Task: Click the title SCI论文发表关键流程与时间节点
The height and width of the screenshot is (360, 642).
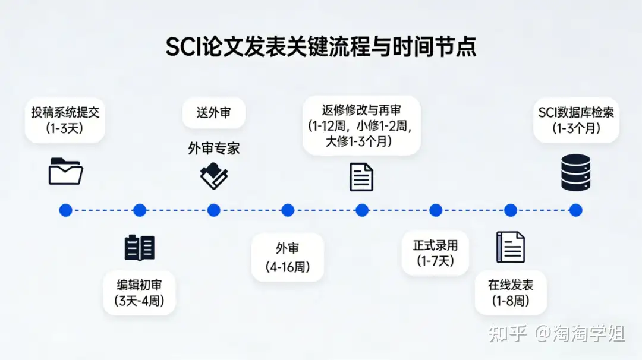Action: point(320,46)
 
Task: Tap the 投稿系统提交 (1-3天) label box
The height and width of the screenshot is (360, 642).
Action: point(65,120)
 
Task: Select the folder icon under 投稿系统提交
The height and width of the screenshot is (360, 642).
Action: point(65,171)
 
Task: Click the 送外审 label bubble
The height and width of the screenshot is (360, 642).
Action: point(214,112)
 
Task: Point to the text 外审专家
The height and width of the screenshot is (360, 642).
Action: point(214,148)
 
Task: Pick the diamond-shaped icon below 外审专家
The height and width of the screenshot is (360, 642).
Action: point(214,176)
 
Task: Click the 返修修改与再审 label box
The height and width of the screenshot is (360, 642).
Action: point(361,125)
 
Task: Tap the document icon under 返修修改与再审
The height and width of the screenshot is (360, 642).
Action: point(361,176)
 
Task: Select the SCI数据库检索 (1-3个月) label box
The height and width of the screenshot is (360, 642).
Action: point(576,120)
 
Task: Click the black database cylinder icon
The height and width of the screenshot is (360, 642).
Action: point(575,172)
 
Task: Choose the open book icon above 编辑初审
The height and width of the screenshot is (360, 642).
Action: point(140,248)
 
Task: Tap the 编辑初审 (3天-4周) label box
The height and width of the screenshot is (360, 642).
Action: point(139,293)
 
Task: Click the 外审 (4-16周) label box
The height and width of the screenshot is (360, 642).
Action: point(288,257)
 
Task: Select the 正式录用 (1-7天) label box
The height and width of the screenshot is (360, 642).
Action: point(435,253)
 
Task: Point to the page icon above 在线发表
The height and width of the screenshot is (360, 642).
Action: point(511,247)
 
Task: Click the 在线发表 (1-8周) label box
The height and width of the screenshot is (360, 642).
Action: point(511,293)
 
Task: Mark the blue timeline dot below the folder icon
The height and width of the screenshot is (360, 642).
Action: point(65,210)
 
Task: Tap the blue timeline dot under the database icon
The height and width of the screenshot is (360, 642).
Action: point(575,210)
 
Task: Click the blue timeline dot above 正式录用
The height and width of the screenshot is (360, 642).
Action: point(436,210)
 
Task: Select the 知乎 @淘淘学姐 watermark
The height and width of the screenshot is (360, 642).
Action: point(556,333)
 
